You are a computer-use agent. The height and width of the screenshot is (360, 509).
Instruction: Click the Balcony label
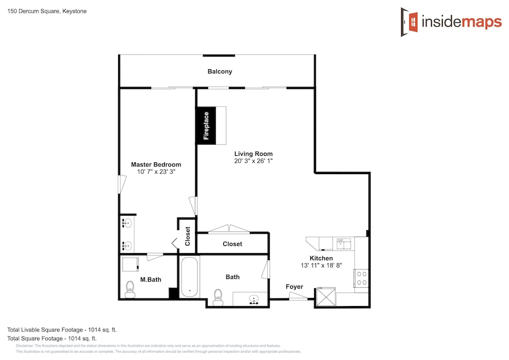(x=220, y=71)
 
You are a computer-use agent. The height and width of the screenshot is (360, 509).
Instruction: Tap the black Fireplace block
(x=206, y=125)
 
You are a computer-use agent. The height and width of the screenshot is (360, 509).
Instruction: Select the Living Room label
(x=253, y=154)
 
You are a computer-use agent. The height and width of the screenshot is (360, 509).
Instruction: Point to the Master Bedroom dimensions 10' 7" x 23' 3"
(x=156, y=172)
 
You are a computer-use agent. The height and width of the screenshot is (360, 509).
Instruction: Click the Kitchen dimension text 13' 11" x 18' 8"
(x=321, y=265)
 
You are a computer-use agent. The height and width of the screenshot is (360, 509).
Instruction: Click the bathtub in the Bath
(x=189, y=277)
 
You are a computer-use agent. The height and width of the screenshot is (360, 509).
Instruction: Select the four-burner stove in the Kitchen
(x=361, y=278)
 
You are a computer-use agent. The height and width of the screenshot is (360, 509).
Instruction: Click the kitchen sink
(x=344, y=243)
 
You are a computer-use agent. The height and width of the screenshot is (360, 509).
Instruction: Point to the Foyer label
(x=294, y=287)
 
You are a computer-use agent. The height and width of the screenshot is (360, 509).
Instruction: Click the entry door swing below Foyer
(x=298, y=296)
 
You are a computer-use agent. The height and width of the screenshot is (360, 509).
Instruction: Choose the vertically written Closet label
(x=188, y=236)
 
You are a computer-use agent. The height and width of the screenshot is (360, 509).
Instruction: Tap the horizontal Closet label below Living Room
(x=233, y=244)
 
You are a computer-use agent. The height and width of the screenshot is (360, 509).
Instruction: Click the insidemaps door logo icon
(x=409, y=22)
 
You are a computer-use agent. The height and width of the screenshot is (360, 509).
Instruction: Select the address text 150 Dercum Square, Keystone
(x=47, y=11)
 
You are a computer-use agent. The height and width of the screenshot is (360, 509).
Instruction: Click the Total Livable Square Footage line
(x=62, y=330)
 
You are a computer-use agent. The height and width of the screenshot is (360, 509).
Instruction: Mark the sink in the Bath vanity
(x=253, y=299)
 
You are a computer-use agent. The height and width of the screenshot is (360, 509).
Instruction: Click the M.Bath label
(x=151, y=280)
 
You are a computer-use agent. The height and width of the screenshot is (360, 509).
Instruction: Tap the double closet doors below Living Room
(x=229, y=229)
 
